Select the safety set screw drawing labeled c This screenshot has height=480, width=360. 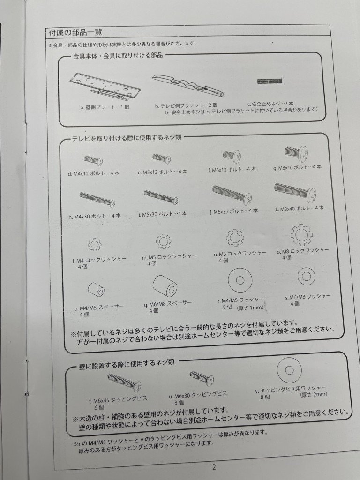(270, 81)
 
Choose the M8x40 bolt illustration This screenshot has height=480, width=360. (295, 191)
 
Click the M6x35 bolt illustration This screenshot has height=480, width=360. (232, 193)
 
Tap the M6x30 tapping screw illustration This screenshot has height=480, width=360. (201, 377)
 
